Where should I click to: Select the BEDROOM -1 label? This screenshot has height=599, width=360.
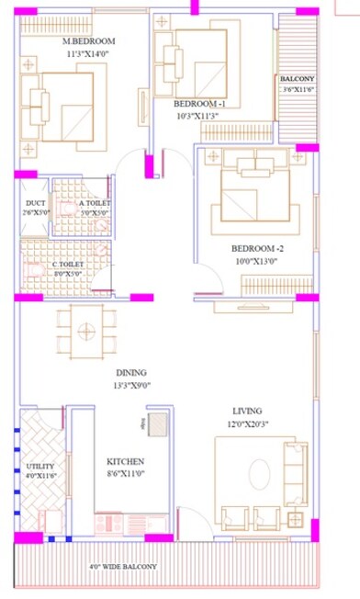tap(208, 105)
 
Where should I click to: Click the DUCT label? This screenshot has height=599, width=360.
tap(35, 203)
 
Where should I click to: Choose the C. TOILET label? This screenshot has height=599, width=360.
tap(67, 264)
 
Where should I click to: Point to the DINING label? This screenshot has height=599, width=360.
tap(131, 373)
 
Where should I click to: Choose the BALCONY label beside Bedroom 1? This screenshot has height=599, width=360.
tap(298, 80)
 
